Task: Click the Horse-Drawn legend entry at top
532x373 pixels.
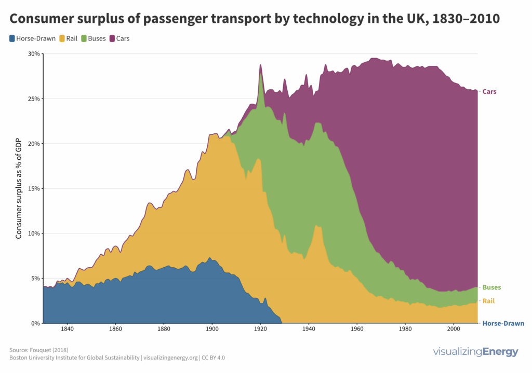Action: click(32, 38)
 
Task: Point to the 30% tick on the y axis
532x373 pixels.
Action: click(34, 54)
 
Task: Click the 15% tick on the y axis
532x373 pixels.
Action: click(34, 189)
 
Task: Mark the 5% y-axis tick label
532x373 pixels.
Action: click(35, 279)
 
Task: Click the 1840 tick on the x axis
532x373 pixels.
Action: click(66, 329)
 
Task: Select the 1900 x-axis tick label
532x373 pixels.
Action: click(212, 329)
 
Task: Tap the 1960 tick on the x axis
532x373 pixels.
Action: click(357, 329)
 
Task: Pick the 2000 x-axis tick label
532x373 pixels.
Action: click(454, 329)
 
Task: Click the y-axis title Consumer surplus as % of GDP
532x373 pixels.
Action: click(19, 188)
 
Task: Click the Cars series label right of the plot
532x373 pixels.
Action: click(489, 92)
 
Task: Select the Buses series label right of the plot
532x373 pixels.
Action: click(491, 287)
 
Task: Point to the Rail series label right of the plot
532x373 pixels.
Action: click(489, 301)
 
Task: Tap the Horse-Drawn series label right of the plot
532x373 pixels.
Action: click(503, 324)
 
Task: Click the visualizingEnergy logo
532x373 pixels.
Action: click(475, 352)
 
